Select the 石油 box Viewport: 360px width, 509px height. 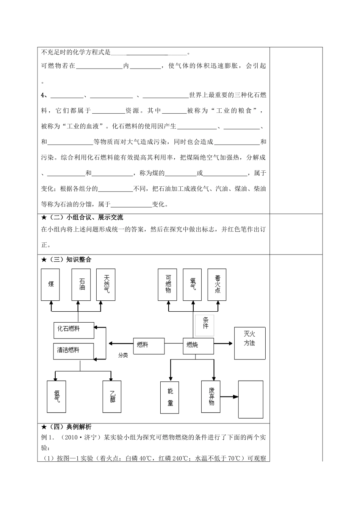(82, 284)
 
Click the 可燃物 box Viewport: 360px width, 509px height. (168, 284)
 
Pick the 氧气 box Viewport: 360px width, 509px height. (193, 284)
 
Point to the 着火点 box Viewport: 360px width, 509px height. (217, 284)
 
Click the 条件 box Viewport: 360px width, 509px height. (205, 325)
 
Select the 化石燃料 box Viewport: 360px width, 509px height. (74, 330)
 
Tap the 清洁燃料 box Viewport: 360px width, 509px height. (74, 351)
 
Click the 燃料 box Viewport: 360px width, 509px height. (149, 345)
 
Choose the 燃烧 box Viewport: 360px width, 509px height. (198, 345)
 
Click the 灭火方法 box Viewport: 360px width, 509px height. (250, 343)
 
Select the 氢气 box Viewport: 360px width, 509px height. (56, 396)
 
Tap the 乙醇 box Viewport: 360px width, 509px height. (112, 396)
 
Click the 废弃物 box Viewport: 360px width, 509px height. (211, 396)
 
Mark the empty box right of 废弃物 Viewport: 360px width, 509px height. (250, 399)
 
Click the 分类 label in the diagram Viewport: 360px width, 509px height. (123, 355)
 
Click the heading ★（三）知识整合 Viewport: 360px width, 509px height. (66, 259)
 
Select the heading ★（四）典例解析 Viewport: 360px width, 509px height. (66, 427)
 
